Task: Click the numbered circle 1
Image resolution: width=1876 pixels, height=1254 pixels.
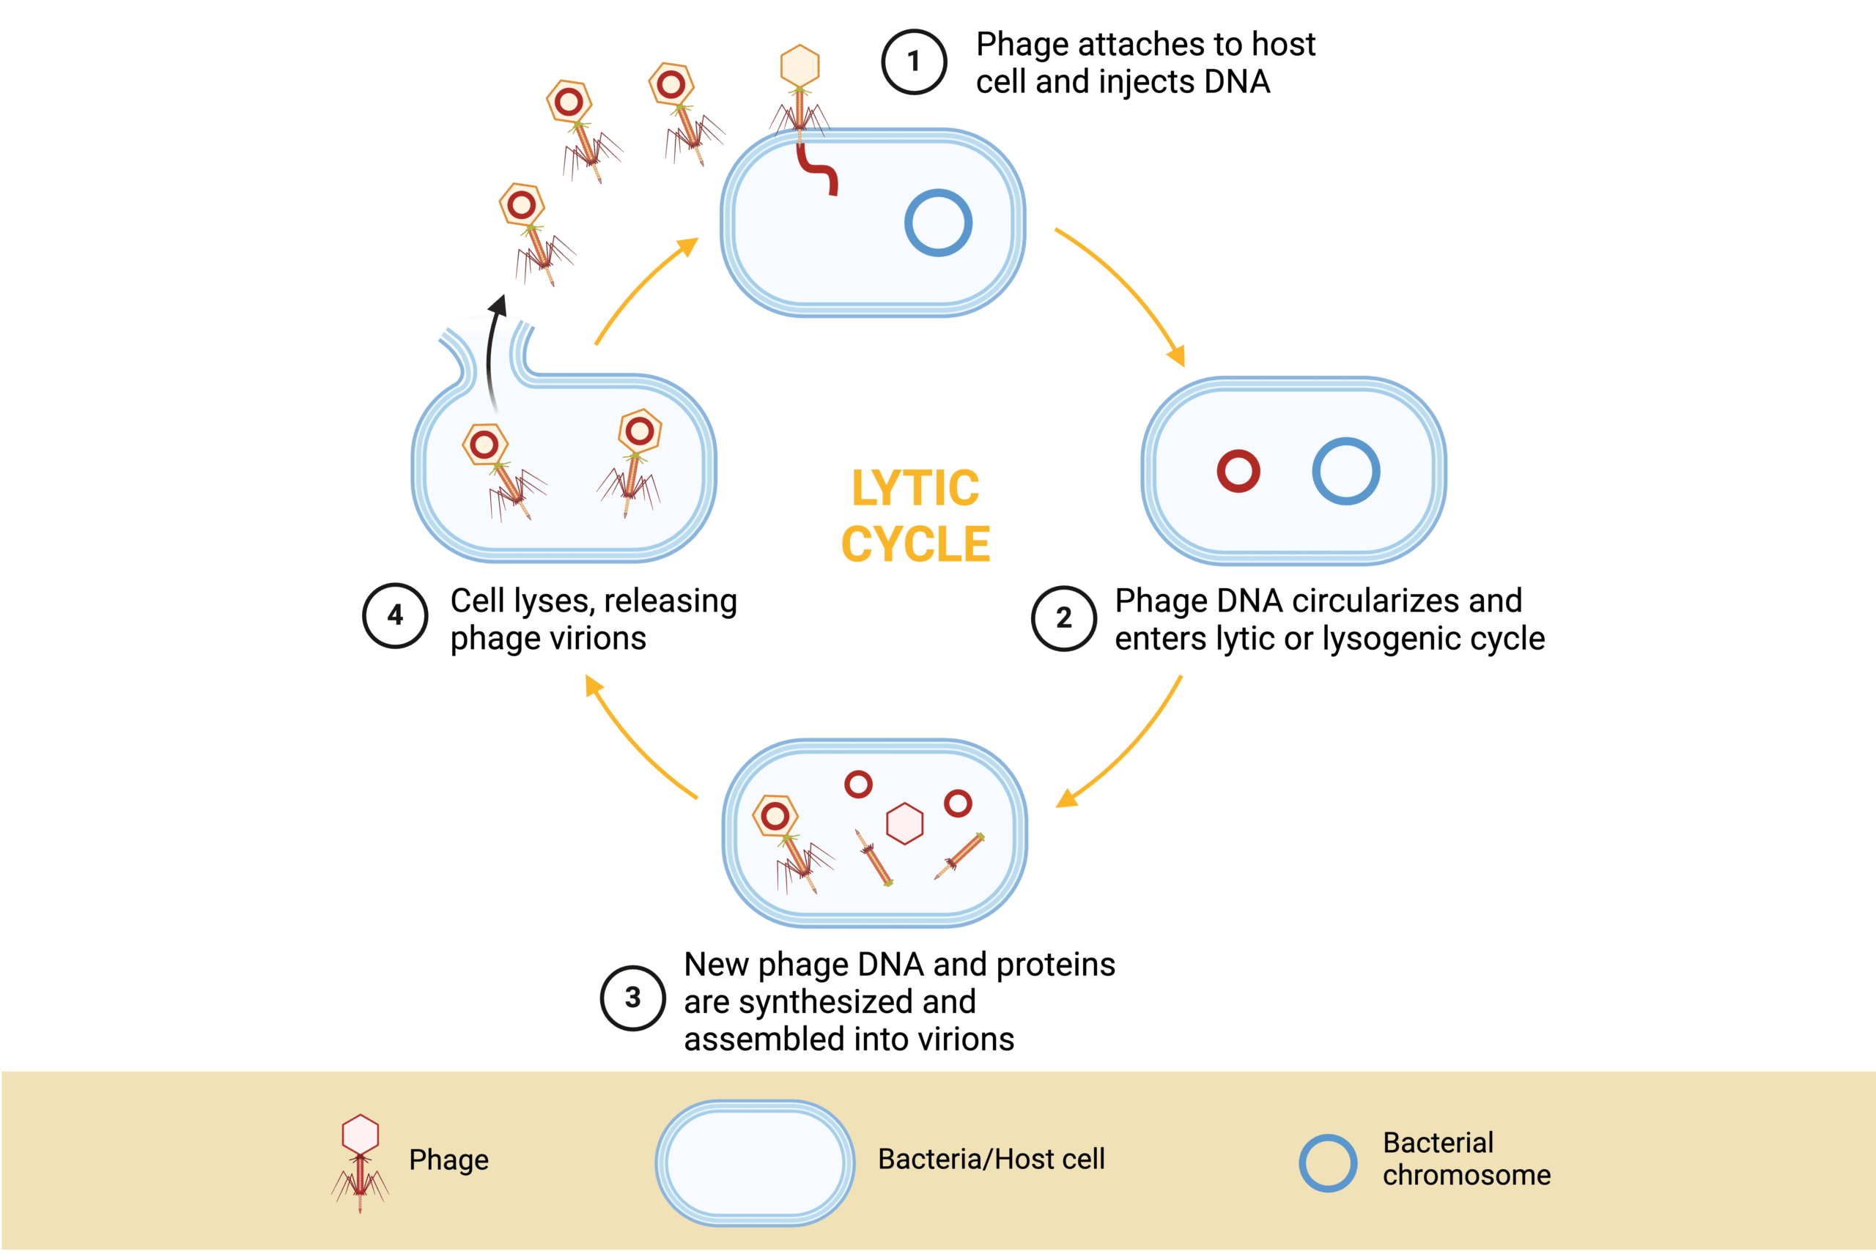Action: pos(914,62)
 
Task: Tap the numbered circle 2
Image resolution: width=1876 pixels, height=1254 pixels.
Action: pos(1063,617)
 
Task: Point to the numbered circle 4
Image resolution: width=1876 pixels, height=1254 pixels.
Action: pos(395,615)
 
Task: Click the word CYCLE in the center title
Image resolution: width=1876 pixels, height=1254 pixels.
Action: pos(915,545)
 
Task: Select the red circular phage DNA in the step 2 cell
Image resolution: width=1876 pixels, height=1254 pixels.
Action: pos(1238,471)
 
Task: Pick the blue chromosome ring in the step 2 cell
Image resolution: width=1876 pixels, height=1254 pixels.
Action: pos(1345,471)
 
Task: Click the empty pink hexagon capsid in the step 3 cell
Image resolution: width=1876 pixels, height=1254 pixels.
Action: pos(905,824)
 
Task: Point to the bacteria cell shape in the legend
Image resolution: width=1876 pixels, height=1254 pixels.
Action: pos(754,1162)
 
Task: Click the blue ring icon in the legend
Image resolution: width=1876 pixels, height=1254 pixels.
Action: pos(1327,1163)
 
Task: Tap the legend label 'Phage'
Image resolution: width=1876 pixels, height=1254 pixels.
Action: pos(448,1160)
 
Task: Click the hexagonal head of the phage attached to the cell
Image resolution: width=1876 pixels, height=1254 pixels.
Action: pos(799,67)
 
